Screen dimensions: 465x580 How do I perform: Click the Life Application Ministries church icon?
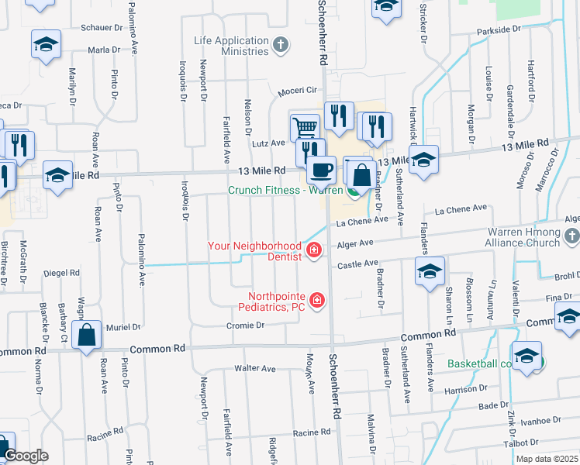281,46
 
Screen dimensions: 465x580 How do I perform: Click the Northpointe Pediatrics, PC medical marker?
316,300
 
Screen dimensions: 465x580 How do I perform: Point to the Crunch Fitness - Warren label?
285,190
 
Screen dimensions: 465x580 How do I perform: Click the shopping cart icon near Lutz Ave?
305,127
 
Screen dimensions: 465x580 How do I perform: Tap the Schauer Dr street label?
102,27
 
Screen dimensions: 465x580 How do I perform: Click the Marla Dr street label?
104,50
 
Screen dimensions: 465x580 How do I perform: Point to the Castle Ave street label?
355,265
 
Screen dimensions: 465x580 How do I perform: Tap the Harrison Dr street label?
466,389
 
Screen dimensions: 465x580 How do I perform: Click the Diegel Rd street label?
62,273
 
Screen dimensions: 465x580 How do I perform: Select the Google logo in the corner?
26,456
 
